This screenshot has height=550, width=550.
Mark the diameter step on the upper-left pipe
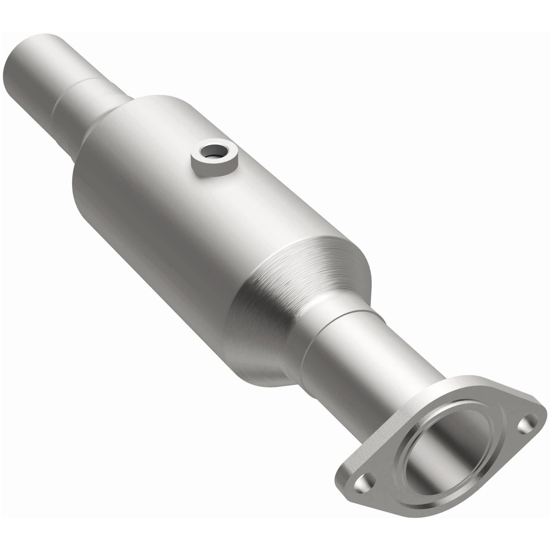[72, 91]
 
